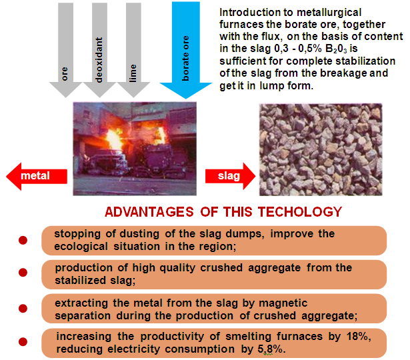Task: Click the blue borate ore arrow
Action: [x=185, y=50]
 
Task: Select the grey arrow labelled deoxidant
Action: [x=99, y=50]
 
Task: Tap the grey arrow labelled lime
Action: [x=133, y=50]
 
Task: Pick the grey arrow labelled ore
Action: [x=65, y=50]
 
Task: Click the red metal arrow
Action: [x=37, y=176]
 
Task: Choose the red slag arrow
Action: [x=231, y=176]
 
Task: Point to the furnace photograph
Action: [x=135, y=149]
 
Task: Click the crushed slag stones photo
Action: [x=321, y=149]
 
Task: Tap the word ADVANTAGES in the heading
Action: [x=149, y=212]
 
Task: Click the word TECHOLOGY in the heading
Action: [x=300, y=212]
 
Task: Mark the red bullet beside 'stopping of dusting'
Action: [x=23, y=240]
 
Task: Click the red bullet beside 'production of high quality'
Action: [x=23, y=273]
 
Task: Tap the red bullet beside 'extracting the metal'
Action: [x=23, y=309]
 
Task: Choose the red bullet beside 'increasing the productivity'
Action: [x=23, y=342]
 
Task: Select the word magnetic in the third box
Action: [x=283, y=304]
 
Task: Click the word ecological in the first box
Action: [x=81, y=247]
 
